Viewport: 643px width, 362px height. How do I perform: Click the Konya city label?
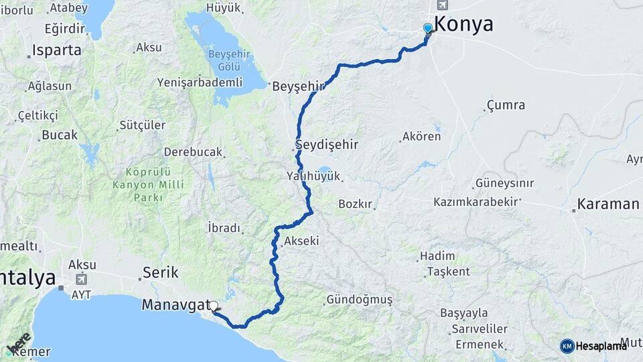(463, 25)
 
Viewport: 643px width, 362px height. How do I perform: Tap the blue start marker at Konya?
(428, 28)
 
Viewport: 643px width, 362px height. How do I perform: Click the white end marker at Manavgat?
(214, 306)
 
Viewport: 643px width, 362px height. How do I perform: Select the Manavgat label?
(175, 305)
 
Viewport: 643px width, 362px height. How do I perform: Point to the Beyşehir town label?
(298, 86)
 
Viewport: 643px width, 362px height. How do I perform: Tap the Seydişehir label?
(328, 145)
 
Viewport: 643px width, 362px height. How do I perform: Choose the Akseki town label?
(301, 241)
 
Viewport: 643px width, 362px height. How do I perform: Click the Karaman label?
(608, 204)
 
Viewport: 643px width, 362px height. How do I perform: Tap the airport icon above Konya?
(443, 5)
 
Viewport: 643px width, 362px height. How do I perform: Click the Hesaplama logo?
(593, 346)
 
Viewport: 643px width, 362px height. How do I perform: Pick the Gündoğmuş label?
(360, 300)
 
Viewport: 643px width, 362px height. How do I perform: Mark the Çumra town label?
(506, 105)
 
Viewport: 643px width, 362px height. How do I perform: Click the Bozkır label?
(355, 204)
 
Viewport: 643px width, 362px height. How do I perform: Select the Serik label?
(161, 273)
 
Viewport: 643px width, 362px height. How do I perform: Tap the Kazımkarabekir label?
(477, 201)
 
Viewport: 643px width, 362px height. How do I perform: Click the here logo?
(19, 343)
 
